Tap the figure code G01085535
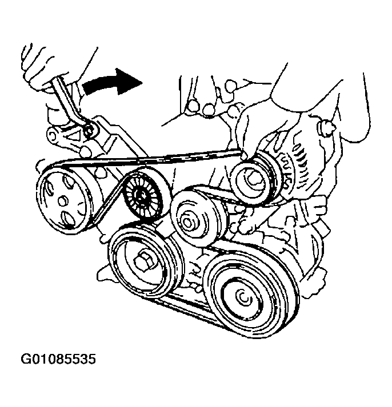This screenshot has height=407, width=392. pos(58,360)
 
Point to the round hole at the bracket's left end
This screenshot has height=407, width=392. pos(51,134)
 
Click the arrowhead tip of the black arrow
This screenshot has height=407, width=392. pos(143,83)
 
